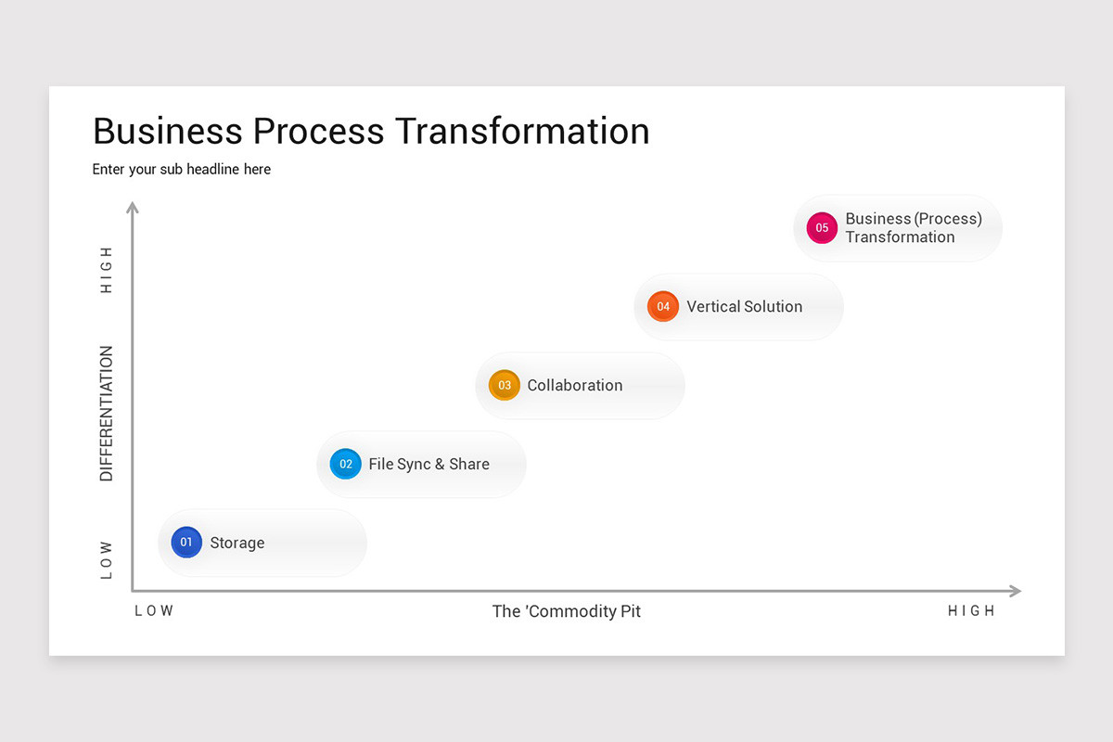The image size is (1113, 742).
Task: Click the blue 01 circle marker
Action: [x=186, y=543]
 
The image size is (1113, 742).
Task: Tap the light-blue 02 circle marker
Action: [x=346, y=464]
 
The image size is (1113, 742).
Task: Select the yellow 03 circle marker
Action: [x=505, y=385]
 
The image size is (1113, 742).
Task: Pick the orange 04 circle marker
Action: [x=663, y=306]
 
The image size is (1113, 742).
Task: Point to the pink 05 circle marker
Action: [x=822, y=228]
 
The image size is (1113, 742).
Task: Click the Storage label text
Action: [x=237, y=544]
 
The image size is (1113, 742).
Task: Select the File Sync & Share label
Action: [x=429, y=465]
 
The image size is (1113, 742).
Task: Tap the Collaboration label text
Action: [x=574, y=386]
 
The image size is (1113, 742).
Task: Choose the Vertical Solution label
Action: [x=744, y=307]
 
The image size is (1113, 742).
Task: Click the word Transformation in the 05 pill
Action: [x=900, y=237]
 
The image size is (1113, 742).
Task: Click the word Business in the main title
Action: [x=167, y=131]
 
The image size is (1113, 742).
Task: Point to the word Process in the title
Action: [x=318, y=131]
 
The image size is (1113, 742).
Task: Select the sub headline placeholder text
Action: [x=182, y=170]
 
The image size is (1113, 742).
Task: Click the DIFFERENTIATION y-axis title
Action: [x=107, y=414]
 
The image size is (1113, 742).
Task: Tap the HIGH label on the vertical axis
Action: [x=107, y=270]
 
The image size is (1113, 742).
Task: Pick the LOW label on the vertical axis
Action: [x=107, y=560]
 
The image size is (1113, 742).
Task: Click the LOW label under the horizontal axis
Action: [x=154, y=611]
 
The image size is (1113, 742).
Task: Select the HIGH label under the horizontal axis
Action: [x=971, y=611]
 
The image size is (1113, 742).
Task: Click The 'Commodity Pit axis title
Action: [x=566, y=611]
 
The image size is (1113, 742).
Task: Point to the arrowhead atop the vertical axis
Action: [x=133, y=207]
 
